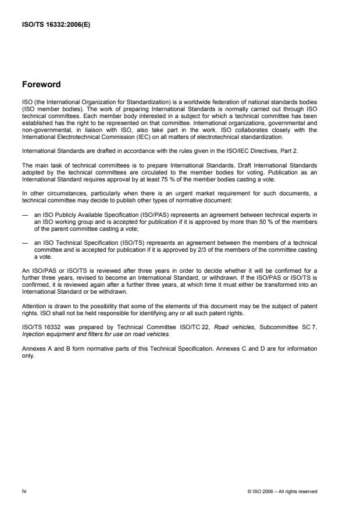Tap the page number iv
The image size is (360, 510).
pyautogui.click(x=24, y=491)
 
